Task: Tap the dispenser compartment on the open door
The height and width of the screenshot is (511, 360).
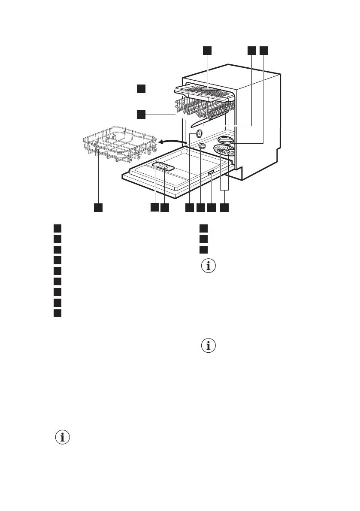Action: click(x=163, y=167)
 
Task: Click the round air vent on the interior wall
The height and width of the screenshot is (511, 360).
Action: click(x=200, y=134)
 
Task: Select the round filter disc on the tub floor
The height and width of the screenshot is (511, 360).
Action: click(x=224, y=152)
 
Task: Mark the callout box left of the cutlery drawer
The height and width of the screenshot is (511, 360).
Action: click(x=141, y=89)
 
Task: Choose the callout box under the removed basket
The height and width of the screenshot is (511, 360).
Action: click(x=98, y=207)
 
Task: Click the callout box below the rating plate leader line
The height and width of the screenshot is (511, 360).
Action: click(x=211, y=207)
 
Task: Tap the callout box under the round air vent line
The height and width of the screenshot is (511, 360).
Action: click(x=189, y=207)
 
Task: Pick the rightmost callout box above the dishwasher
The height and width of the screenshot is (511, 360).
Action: click(x=263, y=51)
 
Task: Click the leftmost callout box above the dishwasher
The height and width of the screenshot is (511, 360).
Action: click(x=207, y=51)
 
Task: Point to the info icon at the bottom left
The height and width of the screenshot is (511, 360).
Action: click(x=63, y=438)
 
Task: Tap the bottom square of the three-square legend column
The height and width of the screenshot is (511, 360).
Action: click(x=203, y=249)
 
